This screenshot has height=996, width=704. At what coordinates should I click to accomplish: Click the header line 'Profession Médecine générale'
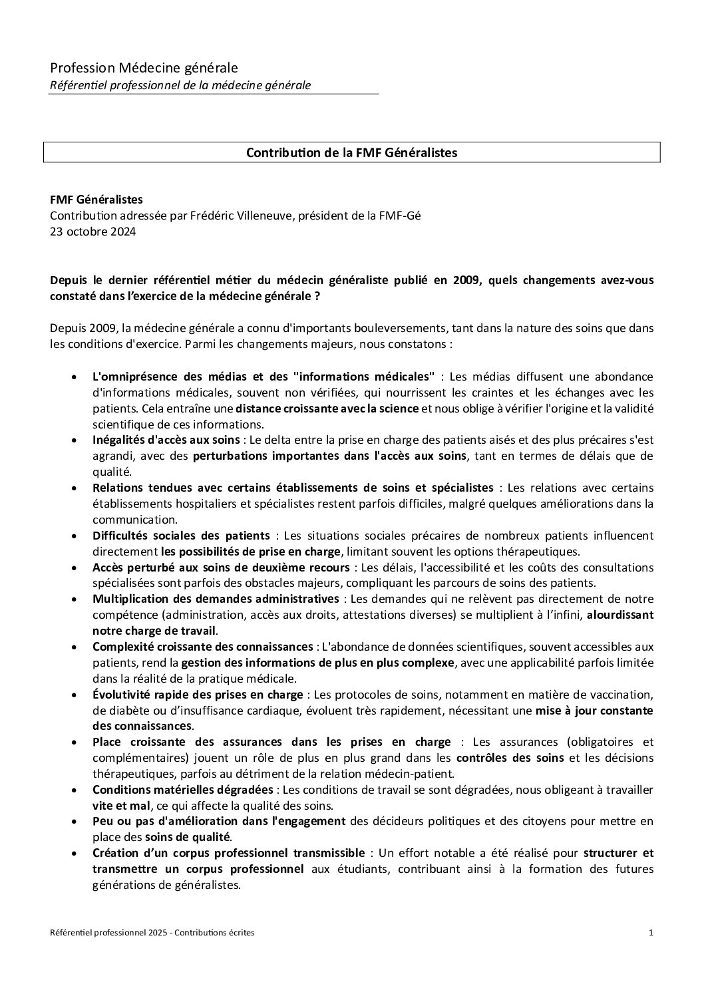click(x=144, y=68)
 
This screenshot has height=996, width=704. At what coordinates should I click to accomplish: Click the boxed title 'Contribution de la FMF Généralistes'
click(x=351, y=152)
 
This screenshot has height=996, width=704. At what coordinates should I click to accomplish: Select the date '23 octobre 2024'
click(x=92, y=232)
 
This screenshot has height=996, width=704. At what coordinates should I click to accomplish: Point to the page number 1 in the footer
click(x=651, y=933)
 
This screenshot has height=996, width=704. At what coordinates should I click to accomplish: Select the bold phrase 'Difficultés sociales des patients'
click(x=181, y=536)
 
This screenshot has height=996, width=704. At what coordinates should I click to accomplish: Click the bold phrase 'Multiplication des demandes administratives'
click(x=216, y=599)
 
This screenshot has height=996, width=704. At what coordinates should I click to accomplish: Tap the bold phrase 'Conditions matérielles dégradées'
click(x=182, y=790)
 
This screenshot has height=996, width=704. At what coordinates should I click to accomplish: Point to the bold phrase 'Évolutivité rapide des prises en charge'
click(x=198, y=695)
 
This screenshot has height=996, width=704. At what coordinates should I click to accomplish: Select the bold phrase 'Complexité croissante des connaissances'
click(x=202, y=647)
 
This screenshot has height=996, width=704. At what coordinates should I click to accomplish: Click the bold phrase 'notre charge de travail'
click(x=154, y=631)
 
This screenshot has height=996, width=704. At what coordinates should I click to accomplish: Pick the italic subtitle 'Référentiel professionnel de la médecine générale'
click(x=180, y=85)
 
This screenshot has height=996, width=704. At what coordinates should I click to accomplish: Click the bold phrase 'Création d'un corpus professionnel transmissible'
click(x=228, y=853)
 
